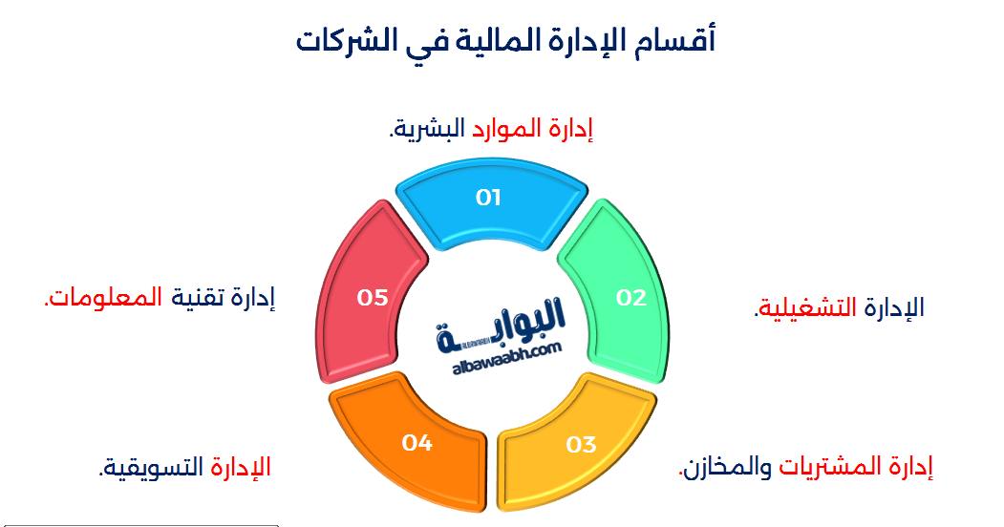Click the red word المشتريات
pyautogui.click(x=831, y=468)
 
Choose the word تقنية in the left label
pyautogui.click(x=197, y=299)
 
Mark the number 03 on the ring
pyautogui.click(x=582, y=445)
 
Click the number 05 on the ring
pyautogui.click(x=373, y=298)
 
